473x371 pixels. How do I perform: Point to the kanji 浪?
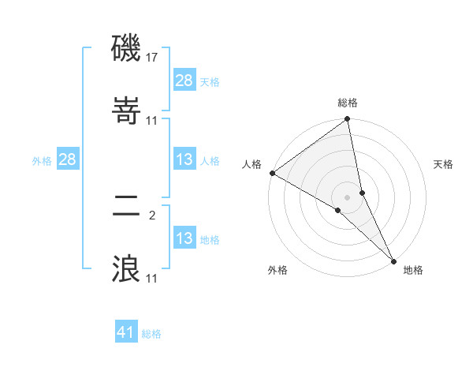pyautogui.click(x=126, y=269)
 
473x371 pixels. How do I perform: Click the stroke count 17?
pyautogui.click(x=153, y=58)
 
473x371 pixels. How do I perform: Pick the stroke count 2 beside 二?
pyautogui.click(x=152, y=215)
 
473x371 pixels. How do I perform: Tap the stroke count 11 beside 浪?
pyautogui.click(x=152, y=278)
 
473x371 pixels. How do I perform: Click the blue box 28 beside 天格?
pyautogui.click(x=184, y=80)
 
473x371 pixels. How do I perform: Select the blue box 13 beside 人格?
pyautogui.click(x=184, y=159)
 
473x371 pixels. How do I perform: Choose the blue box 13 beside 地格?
pyautogui.click(x=184, y=238)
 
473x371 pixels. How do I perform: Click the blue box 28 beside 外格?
pyautogui.click(x=67, y=159)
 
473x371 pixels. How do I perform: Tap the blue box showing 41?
pyautogui.click(x=126, y=332)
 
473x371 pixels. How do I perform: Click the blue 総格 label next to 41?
pyautogui.click(x=151, y=333)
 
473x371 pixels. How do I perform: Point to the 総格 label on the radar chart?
pyautogui.click(x=348, y=103)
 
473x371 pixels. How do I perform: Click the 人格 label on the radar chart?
pyautogui.click(x=251, y=164)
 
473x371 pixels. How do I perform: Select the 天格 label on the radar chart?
pyautogui.click(x=444, y=164)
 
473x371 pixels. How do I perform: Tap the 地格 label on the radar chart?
pyautogui.click(x=413, y=270)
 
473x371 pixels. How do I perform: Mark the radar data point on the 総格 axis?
pyautogui.click(x=348, y=119)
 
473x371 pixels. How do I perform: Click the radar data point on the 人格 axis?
pyautogui.click(x=272, y=172)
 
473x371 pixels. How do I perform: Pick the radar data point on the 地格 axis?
pyautogui.click(x=393, y=260)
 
